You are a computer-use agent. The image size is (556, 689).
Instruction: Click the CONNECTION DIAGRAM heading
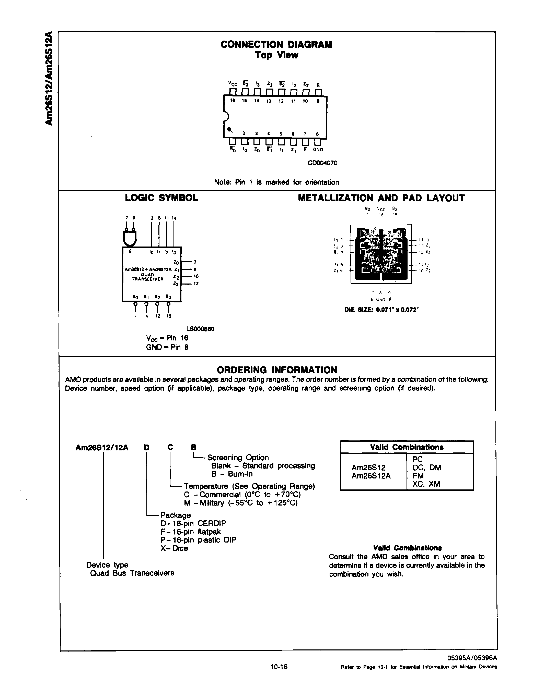click(x=276, y=44)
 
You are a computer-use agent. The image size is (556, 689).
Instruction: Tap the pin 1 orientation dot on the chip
click(x=229, y=129)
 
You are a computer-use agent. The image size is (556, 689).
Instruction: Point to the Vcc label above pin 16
click(x=233, y=84)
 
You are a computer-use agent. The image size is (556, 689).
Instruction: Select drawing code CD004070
click(x=322, y=163)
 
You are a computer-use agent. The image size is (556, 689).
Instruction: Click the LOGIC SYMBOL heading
click(x=161, y=198)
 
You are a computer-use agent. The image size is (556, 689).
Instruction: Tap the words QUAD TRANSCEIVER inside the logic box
click(x=147, y=277)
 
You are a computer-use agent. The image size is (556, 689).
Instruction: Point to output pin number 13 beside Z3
click(x=196, y=284)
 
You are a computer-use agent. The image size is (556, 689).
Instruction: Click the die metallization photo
click(x=381, y=254)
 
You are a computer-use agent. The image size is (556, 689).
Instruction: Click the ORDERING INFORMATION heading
click(x=277, y=370)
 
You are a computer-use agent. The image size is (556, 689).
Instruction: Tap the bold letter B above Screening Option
click(x=193, y=447)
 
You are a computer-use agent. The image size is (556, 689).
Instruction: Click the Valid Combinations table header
click(x=407, y=447)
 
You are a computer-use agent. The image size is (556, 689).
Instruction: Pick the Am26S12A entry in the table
click(x=371, y=476)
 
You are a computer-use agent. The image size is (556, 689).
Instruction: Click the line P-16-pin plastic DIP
click(x=198, y=540)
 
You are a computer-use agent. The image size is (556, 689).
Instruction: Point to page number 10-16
click(x=279, y=667)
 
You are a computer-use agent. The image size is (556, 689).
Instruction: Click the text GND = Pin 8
click(x=167, y=347)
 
